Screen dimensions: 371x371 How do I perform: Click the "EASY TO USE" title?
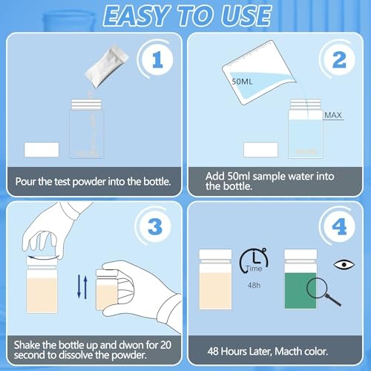[185, 17]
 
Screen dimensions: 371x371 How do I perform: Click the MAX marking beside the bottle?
[332, 116]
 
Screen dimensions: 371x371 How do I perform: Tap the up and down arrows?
[83, 285]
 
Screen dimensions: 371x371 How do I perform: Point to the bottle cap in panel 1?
[86, 105]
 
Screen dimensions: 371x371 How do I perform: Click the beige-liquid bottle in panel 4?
[215, 280]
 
